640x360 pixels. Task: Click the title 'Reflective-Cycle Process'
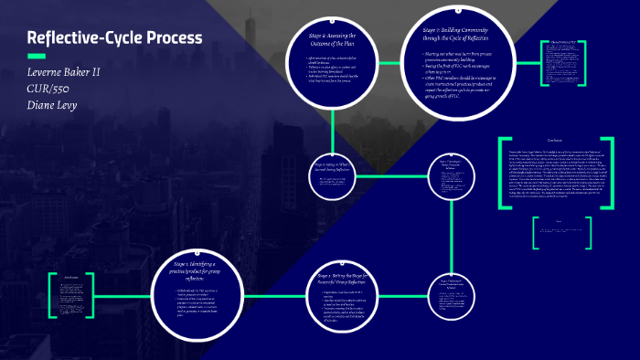(x=114, y=38)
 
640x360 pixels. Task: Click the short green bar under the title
(x=37, y=57)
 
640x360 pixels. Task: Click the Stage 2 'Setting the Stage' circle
(x=350, y=293)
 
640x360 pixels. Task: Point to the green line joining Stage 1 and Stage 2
(x=272, y=293)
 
